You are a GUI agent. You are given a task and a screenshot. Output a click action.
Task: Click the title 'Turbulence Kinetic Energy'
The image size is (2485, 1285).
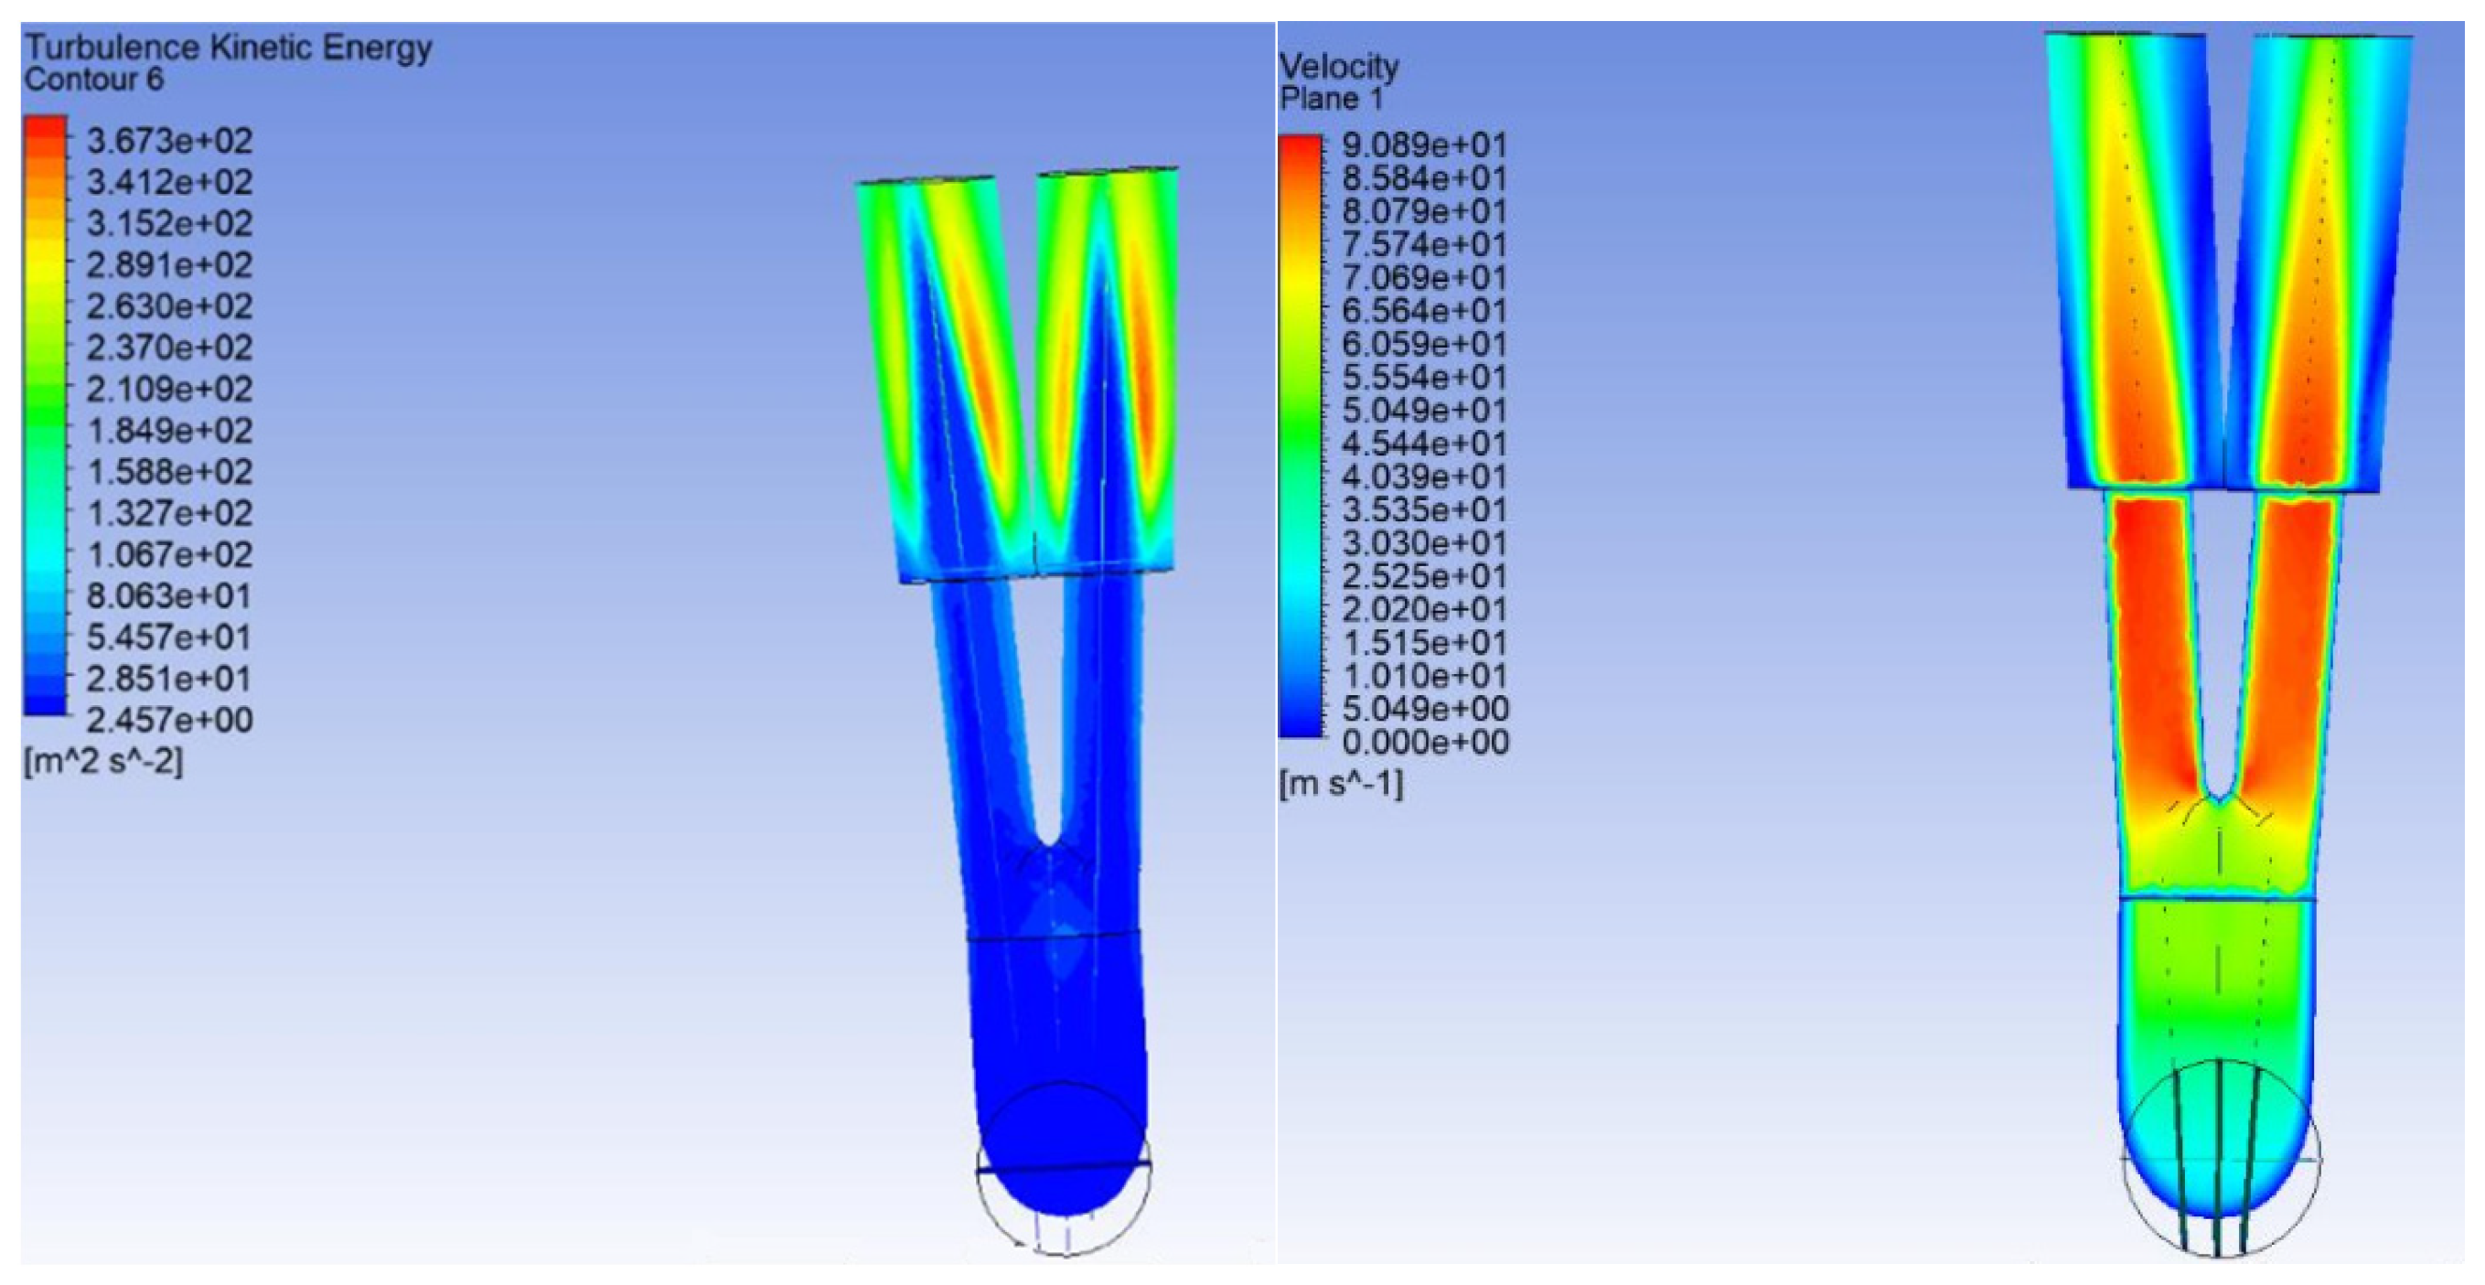point(228,48)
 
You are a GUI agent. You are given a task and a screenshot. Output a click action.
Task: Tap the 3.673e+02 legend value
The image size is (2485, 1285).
point(170,141)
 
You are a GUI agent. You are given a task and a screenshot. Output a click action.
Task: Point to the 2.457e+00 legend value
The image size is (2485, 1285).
point(170,720)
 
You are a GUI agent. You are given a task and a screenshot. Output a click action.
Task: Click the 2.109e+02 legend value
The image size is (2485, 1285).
point(170,389)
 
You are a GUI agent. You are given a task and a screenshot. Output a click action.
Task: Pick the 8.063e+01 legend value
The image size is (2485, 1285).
point(170,596)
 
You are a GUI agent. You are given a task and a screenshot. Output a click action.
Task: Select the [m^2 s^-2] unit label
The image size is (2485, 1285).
point(103,761)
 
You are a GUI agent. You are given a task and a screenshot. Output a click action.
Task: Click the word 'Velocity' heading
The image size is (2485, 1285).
point(1339,67)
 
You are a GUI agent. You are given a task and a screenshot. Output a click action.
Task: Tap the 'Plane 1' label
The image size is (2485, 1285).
point(1332,99)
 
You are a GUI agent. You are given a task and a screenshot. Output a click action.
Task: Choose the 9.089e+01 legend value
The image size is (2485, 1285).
point(1425,145)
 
